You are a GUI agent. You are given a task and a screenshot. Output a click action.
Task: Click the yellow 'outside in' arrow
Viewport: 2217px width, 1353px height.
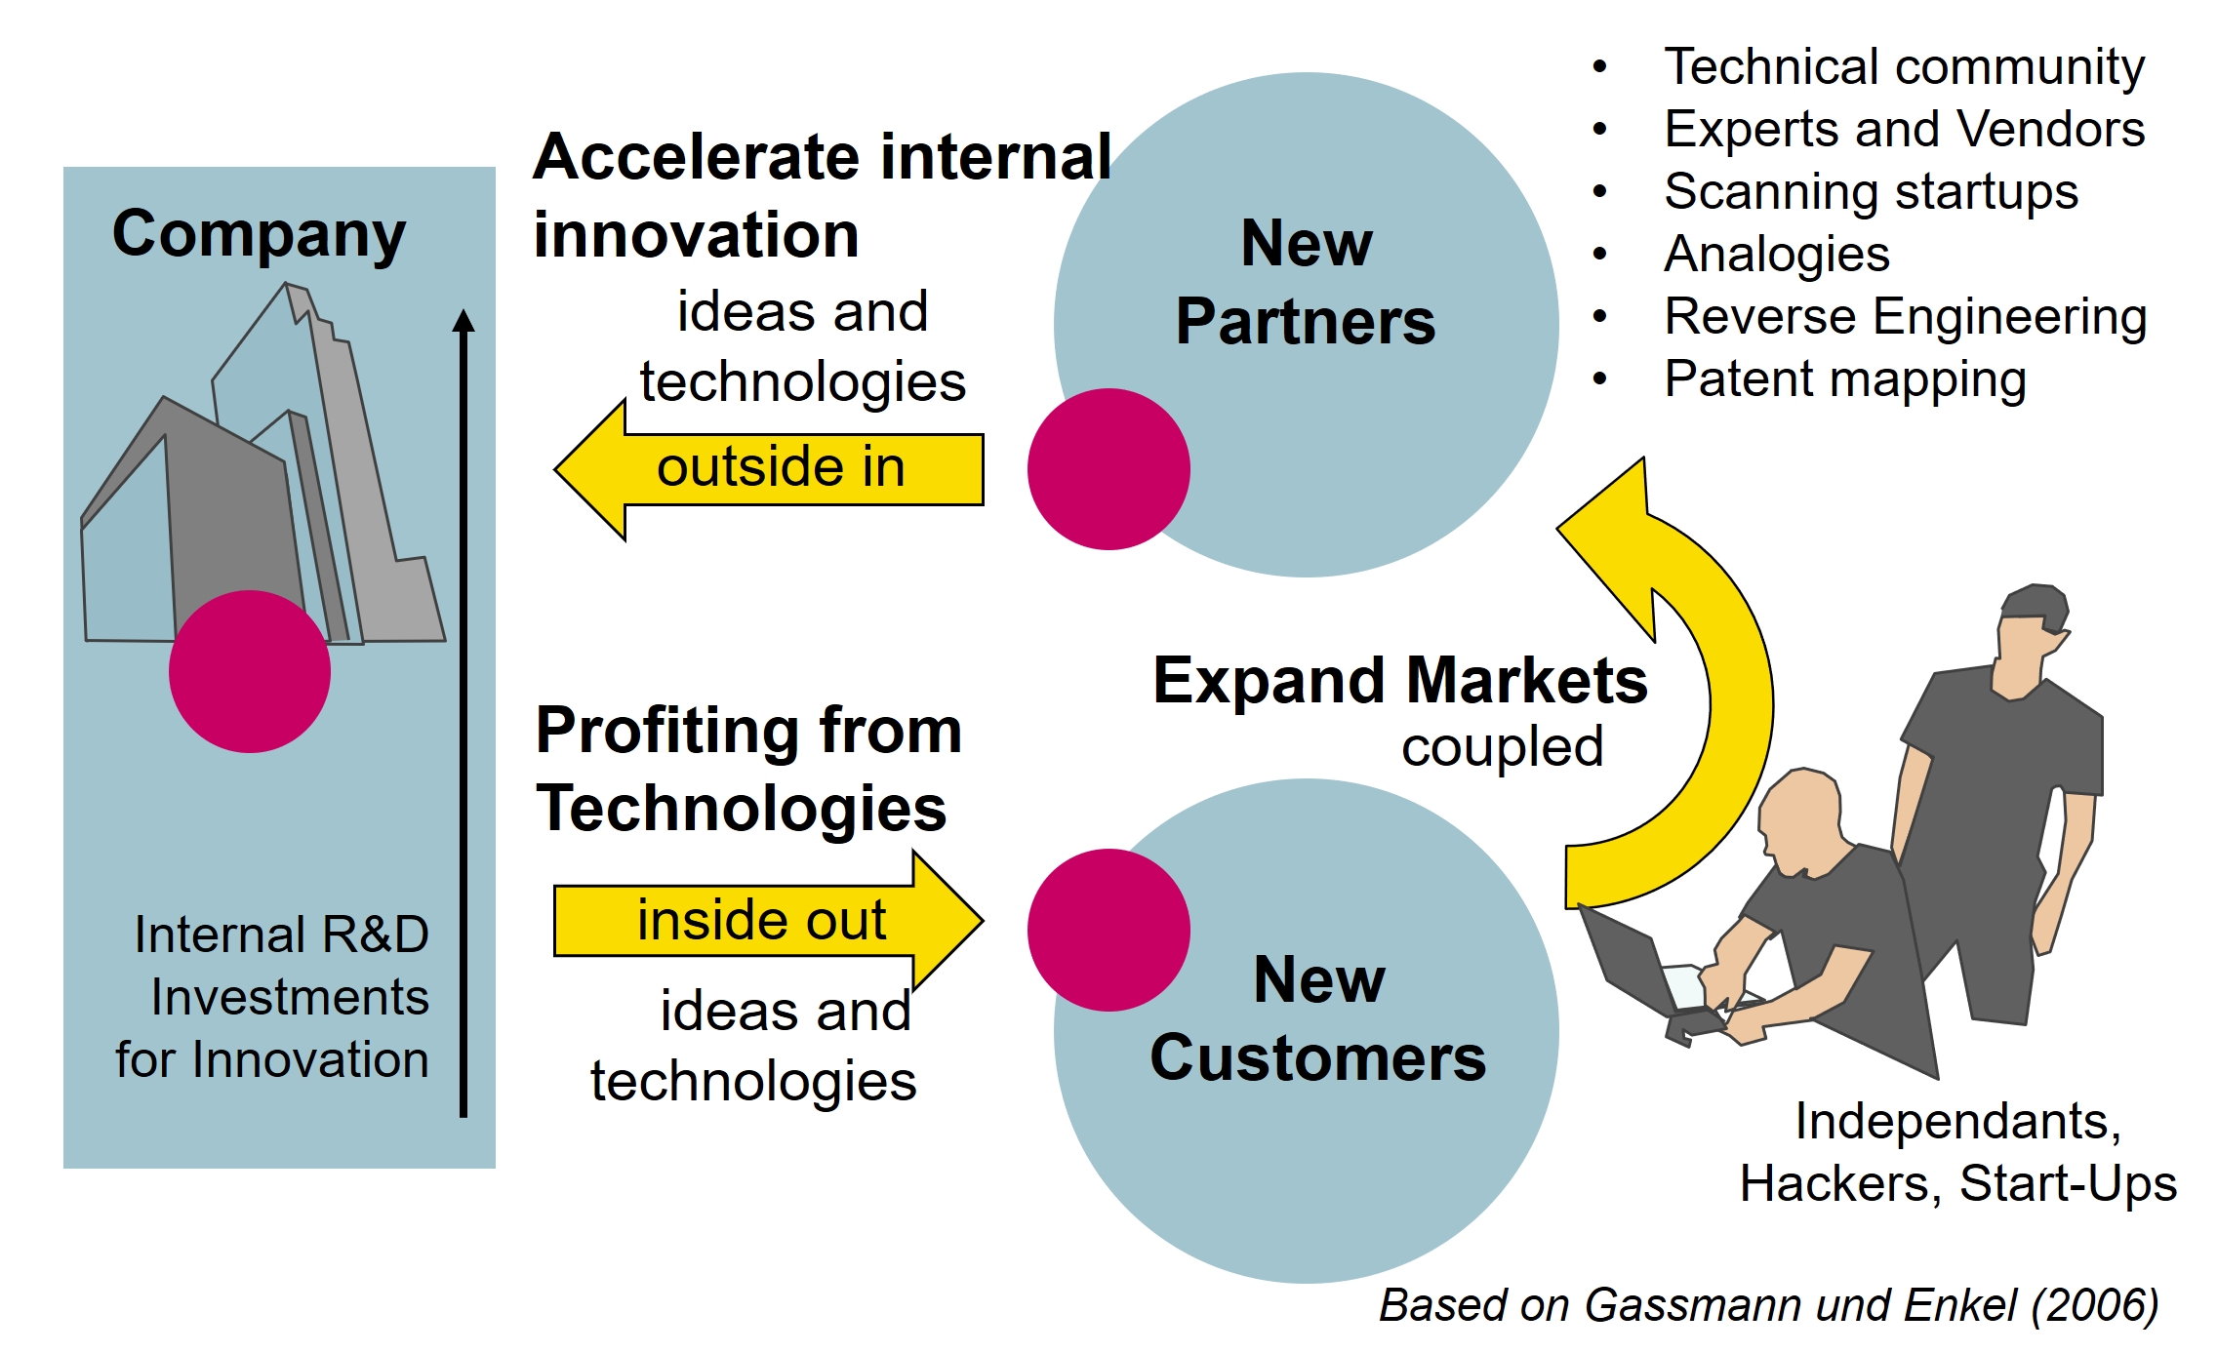click(x=771, y=469)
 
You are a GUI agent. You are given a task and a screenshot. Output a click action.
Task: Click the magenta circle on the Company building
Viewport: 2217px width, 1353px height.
click(x=250, y=671)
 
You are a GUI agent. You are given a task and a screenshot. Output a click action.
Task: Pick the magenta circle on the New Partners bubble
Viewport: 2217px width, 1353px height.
click(x=1108, y=469)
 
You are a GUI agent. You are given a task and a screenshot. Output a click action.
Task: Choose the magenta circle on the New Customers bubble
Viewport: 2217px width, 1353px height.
click(x=1108, y=930)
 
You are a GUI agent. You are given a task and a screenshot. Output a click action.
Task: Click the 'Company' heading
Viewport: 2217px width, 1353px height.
click(x=259, y=234)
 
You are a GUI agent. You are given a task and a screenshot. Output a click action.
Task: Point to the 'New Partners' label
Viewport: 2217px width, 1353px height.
click(x=1306, y=283)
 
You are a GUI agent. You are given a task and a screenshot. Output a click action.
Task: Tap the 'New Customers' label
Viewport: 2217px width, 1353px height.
click(x=1317, y=1019)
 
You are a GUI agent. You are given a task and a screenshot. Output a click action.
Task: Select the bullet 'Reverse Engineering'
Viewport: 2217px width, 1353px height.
click(x=1905, y=317)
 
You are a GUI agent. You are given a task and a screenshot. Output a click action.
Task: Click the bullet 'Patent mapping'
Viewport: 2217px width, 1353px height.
click(x=1844, y=379)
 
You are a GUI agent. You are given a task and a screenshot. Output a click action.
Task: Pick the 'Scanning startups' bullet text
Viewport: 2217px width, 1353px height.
click(x=1871, y=192)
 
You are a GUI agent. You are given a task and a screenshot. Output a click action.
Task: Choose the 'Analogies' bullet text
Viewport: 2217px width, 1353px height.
click(x=1776, y=255)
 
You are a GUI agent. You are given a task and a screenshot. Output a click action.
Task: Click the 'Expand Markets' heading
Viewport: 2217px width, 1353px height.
click(x=1399, y=680)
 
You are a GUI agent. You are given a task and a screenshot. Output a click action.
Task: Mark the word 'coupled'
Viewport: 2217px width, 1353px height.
click(x=1502, y=747)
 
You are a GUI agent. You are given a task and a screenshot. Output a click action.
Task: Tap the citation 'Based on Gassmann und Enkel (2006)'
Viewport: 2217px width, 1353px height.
click(x=1768, y=1305)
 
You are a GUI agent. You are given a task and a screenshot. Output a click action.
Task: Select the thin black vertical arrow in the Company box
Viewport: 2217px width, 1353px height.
click(x=464, y=712)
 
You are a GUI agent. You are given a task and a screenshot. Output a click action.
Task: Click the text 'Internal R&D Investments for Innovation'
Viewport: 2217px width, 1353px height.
click(x=273, y=997)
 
